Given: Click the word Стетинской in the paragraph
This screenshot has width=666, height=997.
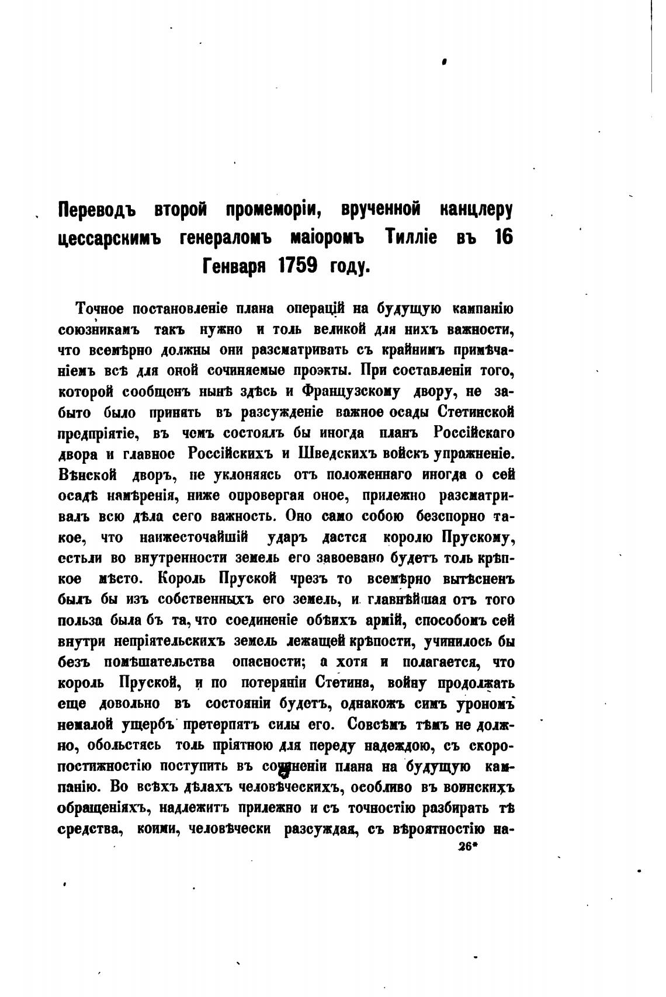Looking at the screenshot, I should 476,412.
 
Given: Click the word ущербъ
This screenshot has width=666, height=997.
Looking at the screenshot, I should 148,725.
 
